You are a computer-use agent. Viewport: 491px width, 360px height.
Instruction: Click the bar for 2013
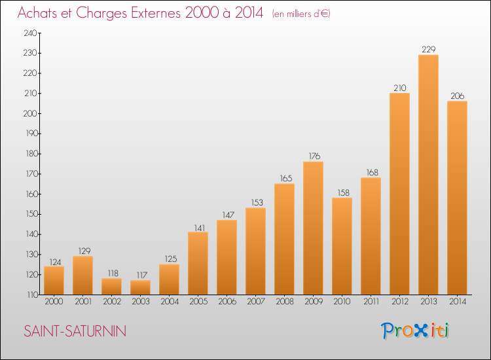[x=428, y=175]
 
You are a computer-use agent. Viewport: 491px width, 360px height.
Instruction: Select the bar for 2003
[x=140, y=287]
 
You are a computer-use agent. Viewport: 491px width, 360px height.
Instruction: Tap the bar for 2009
[x=313, y=228]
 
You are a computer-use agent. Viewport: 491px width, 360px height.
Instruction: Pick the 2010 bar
[x=342, y=246]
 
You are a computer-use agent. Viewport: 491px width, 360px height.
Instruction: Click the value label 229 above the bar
[x=429, y=50]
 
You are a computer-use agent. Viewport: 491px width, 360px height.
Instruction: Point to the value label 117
[x=142, y=275]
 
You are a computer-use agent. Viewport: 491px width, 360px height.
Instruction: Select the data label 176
[x=314, y=156]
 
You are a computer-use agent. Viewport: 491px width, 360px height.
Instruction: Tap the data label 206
[x=458, y=96]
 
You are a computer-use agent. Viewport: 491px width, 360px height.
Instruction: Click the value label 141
[x=200, y=228]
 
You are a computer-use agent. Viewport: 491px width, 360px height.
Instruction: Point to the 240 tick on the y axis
[x=30, y=33]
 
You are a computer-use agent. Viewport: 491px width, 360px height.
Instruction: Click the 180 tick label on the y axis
[x=31, y=154]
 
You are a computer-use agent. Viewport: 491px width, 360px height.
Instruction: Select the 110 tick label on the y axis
[x=32, y=295]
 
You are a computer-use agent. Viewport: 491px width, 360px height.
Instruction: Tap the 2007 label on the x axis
[x=256, y=302]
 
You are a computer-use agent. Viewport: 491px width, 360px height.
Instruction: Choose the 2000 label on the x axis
[x=54, y=302]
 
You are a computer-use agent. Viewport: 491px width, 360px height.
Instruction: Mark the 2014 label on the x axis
[x=458, y=302]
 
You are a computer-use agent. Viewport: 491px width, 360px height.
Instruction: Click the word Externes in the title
[x=156, y=13]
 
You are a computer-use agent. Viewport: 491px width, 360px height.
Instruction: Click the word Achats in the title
[x=37, y=13]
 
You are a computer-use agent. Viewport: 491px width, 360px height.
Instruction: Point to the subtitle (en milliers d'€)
[x=301, y=14]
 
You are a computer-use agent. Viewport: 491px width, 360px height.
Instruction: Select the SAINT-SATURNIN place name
[x=75, y=331]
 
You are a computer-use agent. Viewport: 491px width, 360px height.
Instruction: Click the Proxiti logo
[x=415, y=331]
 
